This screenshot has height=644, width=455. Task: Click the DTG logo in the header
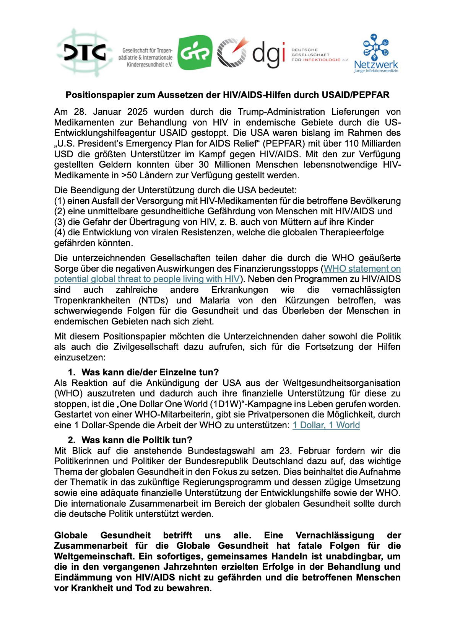point(84,53)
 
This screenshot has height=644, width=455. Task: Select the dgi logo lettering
point(268,54)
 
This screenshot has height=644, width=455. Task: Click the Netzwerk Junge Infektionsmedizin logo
point(376,54)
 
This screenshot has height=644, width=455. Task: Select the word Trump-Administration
point(281,112)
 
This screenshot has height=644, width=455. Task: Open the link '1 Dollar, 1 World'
point(326,425)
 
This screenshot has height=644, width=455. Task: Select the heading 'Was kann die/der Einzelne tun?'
point(150,372)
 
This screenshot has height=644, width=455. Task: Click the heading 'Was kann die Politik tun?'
point(136,440)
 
